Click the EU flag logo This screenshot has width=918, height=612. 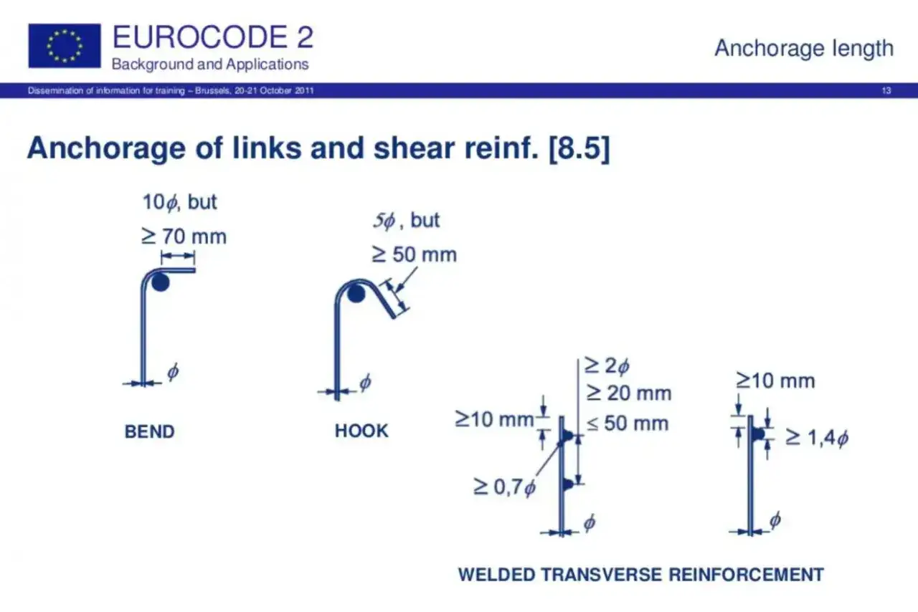tap(65, 45)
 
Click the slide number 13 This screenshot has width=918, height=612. tap(886, 90)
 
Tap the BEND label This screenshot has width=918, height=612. tap(150, 431)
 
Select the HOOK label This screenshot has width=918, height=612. tap(361, 431)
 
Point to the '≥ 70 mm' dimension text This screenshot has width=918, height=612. tap(184, 236)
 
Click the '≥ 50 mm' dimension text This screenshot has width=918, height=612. tap(414, 254)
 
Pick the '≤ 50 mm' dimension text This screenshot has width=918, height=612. tap(628, 423)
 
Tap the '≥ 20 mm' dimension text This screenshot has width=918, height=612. tap(629, 393)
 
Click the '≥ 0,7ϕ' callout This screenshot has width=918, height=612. tap(504, 487)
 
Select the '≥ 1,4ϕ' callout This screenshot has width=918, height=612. tap(817, 438)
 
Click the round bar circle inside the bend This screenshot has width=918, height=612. tap(160, 282)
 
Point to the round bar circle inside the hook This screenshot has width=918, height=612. tap(356, 294)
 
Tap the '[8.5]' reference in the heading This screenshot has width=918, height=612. tap(579, 148)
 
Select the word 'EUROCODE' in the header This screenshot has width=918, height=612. tap(200, 37)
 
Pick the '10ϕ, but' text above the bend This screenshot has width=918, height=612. tap(179, 202)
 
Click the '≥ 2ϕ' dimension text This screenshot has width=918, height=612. tap(607, 365)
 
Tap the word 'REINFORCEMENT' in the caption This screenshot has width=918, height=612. tap(747, 575)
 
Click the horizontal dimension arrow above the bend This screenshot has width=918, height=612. tap(177, 257)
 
